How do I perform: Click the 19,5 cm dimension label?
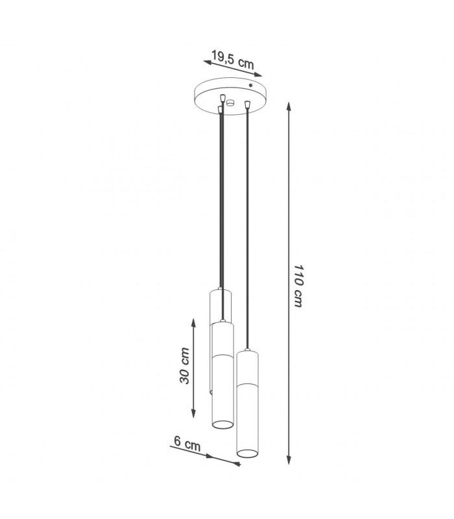point(233,60)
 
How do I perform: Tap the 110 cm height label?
point(298,286)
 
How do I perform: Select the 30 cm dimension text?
point(185,366)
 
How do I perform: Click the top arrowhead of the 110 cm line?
point(289,106)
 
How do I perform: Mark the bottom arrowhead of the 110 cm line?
point(289,459)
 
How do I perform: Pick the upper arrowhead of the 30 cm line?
point(193,322)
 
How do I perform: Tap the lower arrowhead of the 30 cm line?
point(193,413)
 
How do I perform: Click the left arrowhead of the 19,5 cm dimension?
point(208,62)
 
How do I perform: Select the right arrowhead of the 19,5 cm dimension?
point(257,75)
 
